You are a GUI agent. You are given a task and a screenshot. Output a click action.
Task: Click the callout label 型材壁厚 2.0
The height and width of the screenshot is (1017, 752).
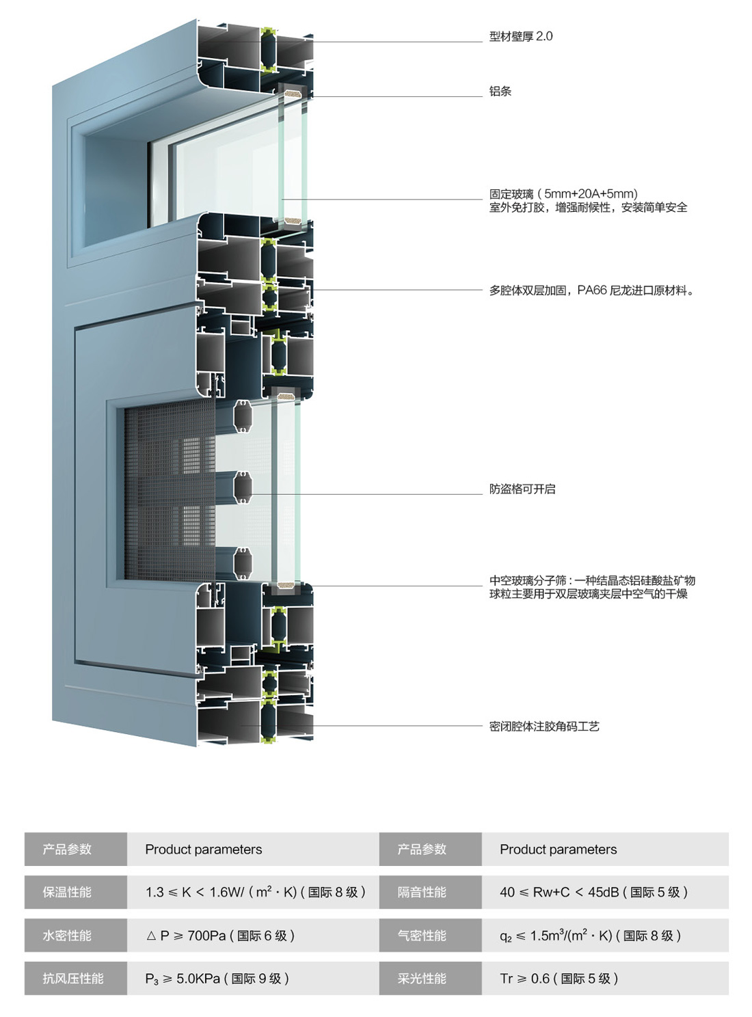[x=520, y=36]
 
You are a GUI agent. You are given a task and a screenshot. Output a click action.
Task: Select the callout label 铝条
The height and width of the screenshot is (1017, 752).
[x=500, y=91]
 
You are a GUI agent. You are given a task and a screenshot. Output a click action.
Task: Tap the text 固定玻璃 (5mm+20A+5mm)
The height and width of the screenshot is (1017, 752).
[x=563, y=194]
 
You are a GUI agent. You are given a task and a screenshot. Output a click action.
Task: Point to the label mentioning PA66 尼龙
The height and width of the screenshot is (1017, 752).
[x=591, y=290]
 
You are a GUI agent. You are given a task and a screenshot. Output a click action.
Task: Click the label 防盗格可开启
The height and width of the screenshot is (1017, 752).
[x=522, y=489]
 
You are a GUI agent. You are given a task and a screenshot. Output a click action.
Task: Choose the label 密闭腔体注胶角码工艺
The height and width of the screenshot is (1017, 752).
[x=544, y=726]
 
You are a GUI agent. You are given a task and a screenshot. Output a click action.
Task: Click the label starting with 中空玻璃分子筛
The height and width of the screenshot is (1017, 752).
[x=592, y=580]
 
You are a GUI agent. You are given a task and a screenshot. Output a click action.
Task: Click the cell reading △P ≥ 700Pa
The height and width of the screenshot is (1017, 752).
[x=220, y=936]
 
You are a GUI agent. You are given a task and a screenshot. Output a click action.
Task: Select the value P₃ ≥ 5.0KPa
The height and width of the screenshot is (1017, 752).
[x=217, y=978]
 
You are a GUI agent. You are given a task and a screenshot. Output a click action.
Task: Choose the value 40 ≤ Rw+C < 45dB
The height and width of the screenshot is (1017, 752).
[x=593, y=892]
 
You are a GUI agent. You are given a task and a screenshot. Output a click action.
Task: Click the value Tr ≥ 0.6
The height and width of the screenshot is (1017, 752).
[x=559, y=978]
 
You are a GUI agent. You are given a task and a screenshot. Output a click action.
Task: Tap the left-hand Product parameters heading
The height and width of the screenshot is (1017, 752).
[x=203, y=850]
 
